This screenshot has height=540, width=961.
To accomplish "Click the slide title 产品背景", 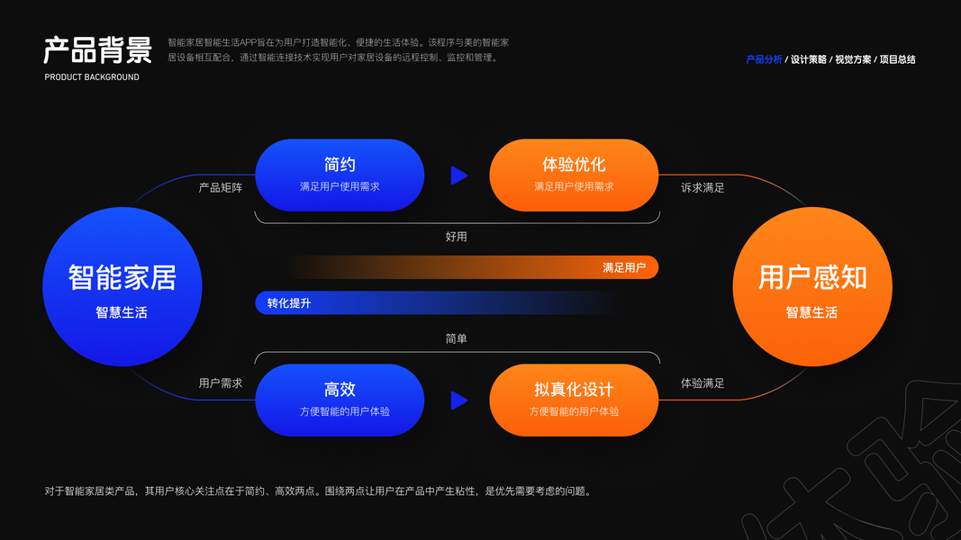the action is pos(97,50).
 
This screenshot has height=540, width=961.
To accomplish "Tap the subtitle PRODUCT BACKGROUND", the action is pos(92,77).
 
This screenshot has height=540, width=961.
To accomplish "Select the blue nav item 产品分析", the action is pos(764,59).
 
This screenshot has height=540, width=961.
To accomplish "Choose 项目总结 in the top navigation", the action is pos(897,59).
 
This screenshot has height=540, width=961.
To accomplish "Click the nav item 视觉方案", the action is pos(853,59).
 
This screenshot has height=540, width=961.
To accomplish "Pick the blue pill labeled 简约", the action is pos(340,175).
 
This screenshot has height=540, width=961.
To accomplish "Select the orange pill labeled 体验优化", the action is pos(574,175).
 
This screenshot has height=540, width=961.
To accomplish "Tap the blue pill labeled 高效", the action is pos(340,400).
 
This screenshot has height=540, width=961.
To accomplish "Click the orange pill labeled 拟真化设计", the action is pos(574,400).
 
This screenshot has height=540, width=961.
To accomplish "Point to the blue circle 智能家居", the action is pos(122,287).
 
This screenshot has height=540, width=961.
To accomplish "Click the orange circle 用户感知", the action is pos(812,287).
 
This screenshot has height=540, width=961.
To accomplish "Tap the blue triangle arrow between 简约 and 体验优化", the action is pos(458,175).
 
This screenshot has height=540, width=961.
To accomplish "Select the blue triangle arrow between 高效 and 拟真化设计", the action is pos(458,400).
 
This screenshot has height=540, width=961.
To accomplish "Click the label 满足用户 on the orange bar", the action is pos(624,267).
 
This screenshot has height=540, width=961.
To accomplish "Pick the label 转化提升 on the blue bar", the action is pos(289,303).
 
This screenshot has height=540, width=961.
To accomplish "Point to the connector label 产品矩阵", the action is pos(221,188).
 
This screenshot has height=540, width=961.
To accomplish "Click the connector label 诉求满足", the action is pos(703,188).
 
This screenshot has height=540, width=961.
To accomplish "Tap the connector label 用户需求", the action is pos(221,383).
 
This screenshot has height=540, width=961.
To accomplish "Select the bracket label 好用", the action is pos(457,237).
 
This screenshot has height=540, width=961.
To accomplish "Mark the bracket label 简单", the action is pos(457,339).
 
